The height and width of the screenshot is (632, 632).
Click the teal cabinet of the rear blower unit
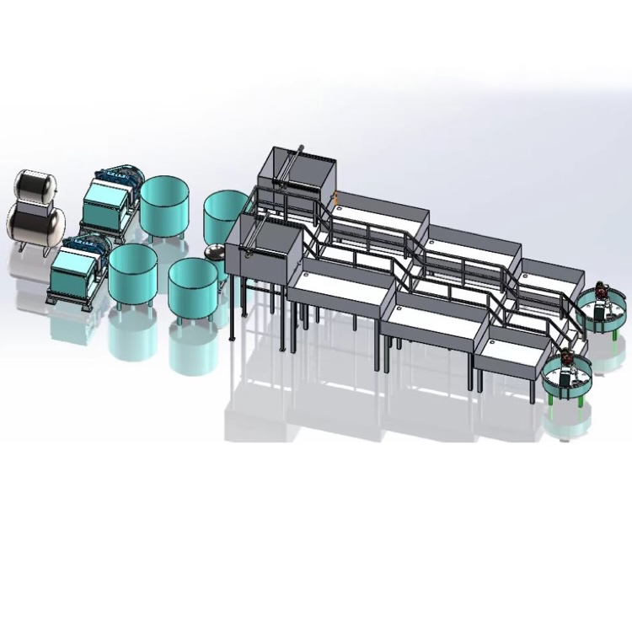pos(105,203)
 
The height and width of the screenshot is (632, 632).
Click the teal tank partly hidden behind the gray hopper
pos(223,215)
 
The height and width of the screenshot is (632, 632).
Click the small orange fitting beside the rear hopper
pos(335,196)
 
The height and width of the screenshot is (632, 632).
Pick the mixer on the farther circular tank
pos(601,297)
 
